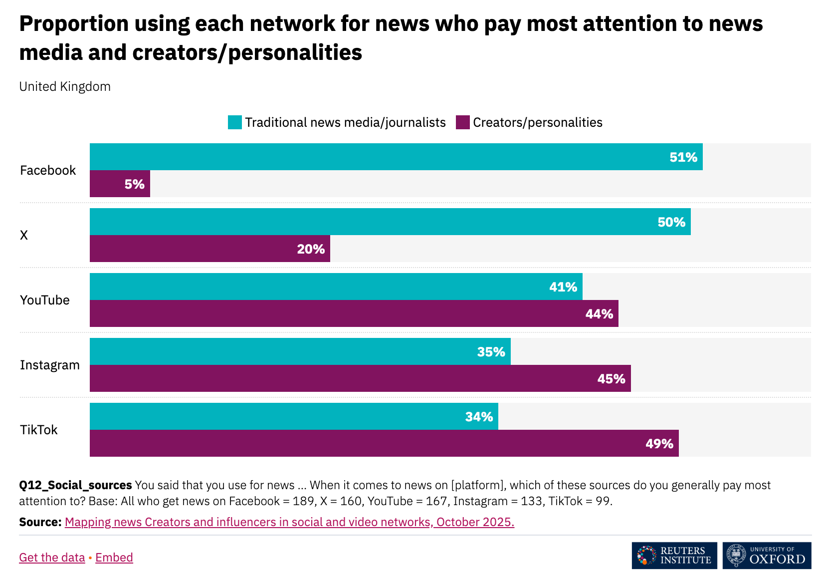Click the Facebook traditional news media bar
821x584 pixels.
coord(396,157)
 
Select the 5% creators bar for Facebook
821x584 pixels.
coord(120,184)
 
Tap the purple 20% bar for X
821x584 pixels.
coord(209,249)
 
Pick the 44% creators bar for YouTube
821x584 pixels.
coord(354,313)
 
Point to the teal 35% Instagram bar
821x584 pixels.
coord(300,351)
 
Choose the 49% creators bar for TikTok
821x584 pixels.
coord(384,443)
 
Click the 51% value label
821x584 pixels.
coord(683,157)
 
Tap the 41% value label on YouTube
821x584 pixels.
coord(563,287)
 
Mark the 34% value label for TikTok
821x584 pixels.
coord(479,417)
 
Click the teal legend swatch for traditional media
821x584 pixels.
coord(235,122)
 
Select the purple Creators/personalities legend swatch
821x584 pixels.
coord(463,122)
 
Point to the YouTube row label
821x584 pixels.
coord(45,300)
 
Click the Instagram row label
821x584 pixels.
coord(50,365)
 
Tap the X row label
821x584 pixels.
coord(24,235)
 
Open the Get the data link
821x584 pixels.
coord(52,558)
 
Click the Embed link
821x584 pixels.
coord(114,558)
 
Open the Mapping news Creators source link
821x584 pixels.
coord(289,522)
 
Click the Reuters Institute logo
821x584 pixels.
coord(674,556)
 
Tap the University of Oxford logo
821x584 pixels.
coord(767,556)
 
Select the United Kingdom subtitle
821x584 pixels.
coord(65,86)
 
